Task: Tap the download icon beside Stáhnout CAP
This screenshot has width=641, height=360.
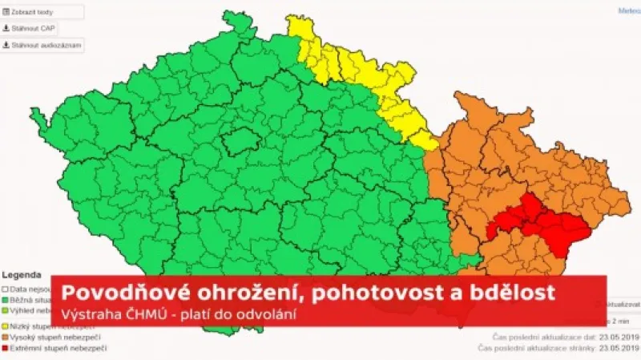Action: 6,28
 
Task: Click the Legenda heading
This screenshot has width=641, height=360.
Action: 18,273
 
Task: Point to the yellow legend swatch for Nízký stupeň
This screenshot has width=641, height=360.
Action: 5,327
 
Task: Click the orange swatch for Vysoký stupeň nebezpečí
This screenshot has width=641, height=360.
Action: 5,338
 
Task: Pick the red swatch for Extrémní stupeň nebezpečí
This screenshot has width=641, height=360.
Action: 5,349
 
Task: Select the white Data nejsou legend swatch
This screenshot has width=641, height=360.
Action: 5,286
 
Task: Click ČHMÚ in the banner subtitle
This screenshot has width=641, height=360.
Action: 135,312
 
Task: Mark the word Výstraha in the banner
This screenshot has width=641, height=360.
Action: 88,312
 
